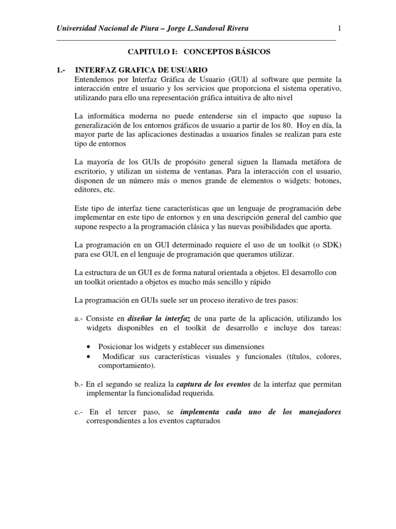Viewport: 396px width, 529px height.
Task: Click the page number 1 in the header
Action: pos(339,28)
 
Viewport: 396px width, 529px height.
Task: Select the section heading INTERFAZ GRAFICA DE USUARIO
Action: pos(141,70)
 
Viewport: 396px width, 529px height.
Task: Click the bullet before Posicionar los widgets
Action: pos(91,347)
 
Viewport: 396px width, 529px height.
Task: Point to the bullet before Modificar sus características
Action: pos(91,356)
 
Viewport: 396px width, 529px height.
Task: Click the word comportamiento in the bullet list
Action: pos(126,365)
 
